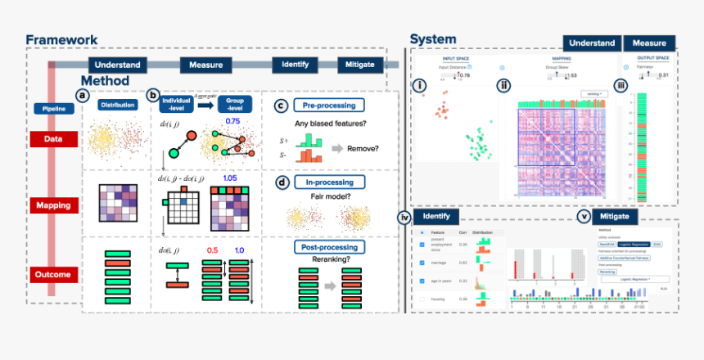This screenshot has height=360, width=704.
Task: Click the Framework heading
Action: point(61,39)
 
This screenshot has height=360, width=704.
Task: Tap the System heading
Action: point(433,39)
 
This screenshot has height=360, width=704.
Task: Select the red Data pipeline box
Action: point(52,139)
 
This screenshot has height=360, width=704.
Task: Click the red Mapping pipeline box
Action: point(52,206)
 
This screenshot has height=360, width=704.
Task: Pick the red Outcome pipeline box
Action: point(52,275)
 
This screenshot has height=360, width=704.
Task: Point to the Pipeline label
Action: point(52,108)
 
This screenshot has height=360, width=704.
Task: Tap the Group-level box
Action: point(235,104)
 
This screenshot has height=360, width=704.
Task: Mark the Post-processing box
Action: point(328,246)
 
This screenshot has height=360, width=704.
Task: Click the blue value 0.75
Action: point(232,120)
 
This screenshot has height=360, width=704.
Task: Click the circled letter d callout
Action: point(282,182)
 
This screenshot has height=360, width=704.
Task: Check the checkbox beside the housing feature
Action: point(422,299)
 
